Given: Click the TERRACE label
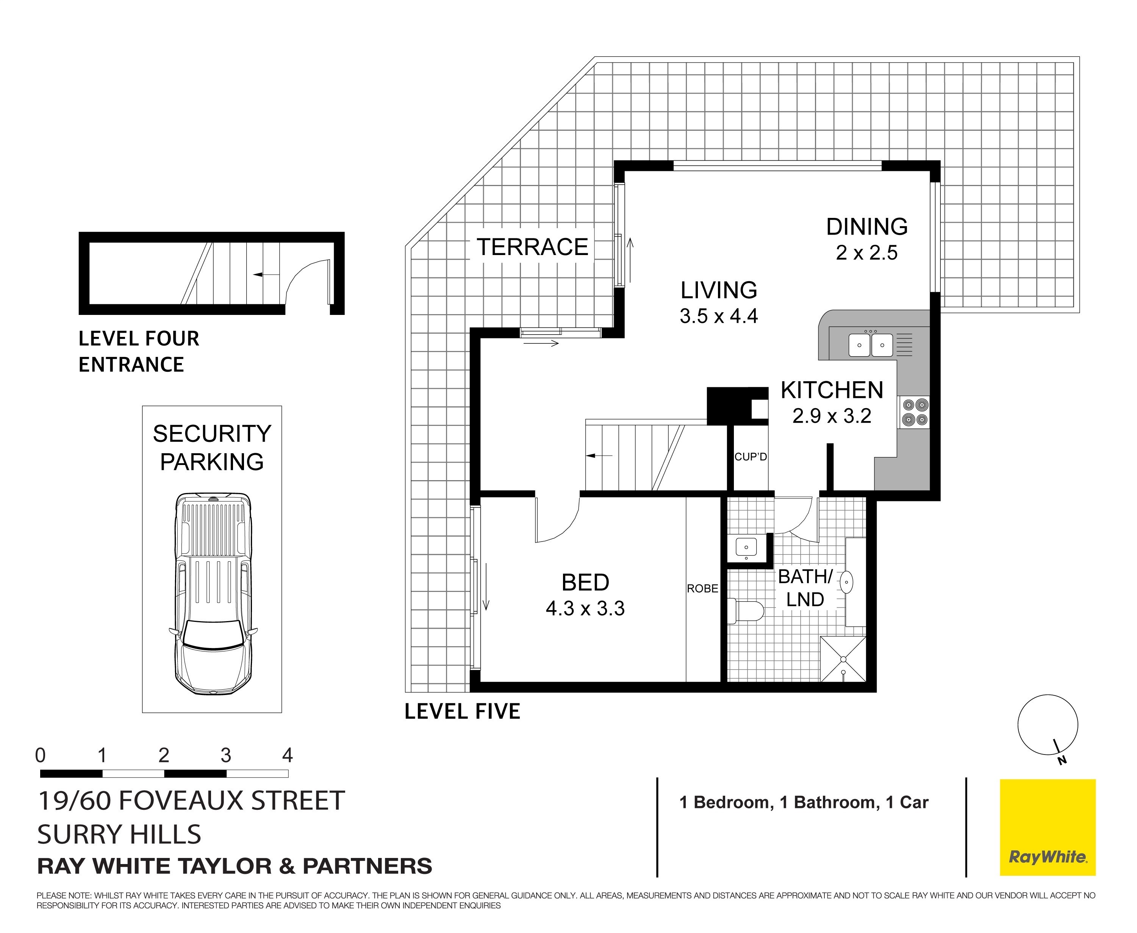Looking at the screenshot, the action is (x=532, y=247).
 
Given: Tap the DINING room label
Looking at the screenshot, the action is (x=867, y=227).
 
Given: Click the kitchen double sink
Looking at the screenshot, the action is (x=871, y=345).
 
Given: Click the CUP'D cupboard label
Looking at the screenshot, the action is (x=751, y=457).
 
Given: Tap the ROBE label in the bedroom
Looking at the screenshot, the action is (x=702, y=589).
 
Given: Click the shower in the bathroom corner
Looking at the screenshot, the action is (x=843, y=659).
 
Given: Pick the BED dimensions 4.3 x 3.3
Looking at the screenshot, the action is (x=585, y=608).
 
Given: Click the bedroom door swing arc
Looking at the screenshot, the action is (x=564, y=529).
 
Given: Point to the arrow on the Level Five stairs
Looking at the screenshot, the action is (x=599, y=456).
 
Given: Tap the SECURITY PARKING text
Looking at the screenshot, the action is (x=212, y=448).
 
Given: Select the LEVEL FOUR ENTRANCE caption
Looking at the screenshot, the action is (x=139, y=352).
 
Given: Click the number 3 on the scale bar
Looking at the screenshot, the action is (x=226, y=756).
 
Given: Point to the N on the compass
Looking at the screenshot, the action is (x=1062, y=761).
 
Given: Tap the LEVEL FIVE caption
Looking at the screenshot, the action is (x=462, y=712).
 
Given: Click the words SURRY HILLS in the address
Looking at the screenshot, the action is (x=119, y=834).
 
